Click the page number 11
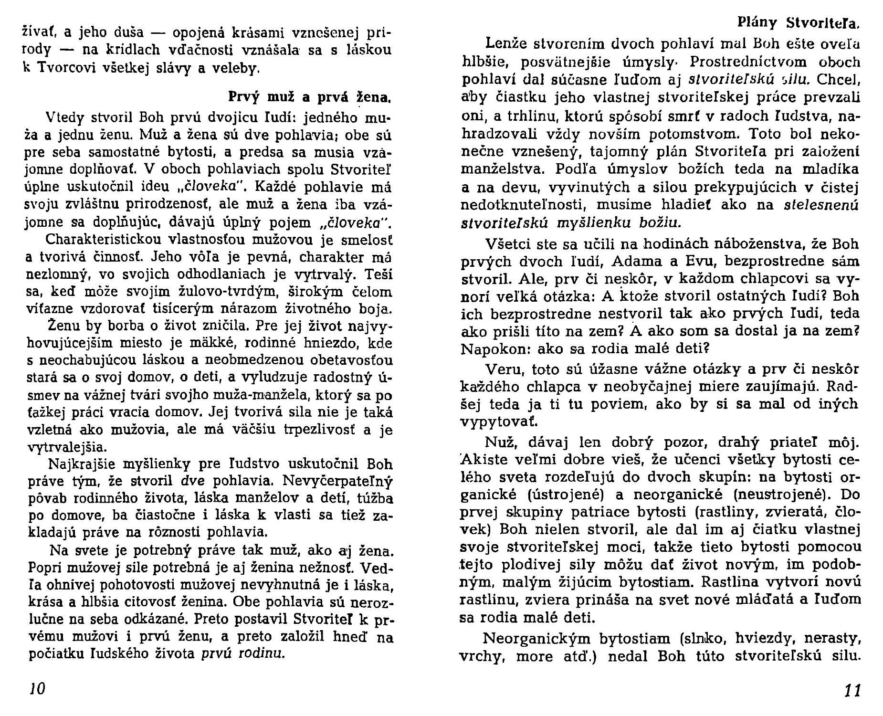tap(851, 691)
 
